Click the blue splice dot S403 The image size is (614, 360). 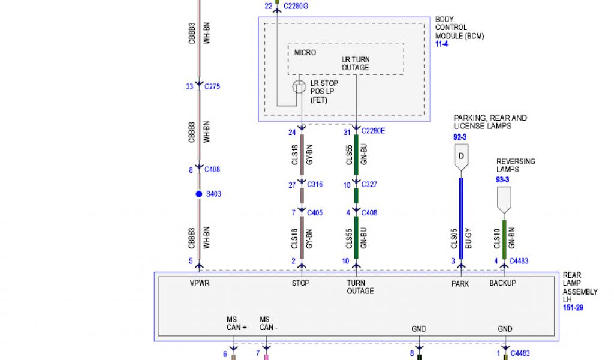click(199, 194)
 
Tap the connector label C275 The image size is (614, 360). click(212, 86)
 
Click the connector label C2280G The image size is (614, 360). click(297, 6)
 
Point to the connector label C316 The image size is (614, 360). click(315, 185)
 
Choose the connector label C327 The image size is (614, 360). click(369, 185)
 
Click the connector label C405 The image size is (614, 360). click(315, 212)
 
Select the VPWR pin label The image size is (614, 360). click(199, 284)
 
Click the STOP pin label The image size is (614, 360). click(301, 284)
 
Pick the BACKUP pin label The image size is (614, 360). click(503, 284)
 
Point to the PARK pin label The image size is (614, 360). click(460, 284)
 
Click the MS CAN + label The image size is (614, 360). click(237, 323)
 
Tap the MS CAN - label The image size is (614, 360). click(269, 323)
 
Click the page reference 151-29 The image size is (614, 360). click(573, 308)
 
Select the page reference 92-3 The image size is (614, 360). click(460, 137)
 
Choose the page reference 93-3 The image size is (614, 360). click(502, 180)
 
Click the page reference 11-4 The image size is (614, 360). click(441, 44)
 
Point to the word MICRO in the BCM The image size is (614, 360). click(305, 53)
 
